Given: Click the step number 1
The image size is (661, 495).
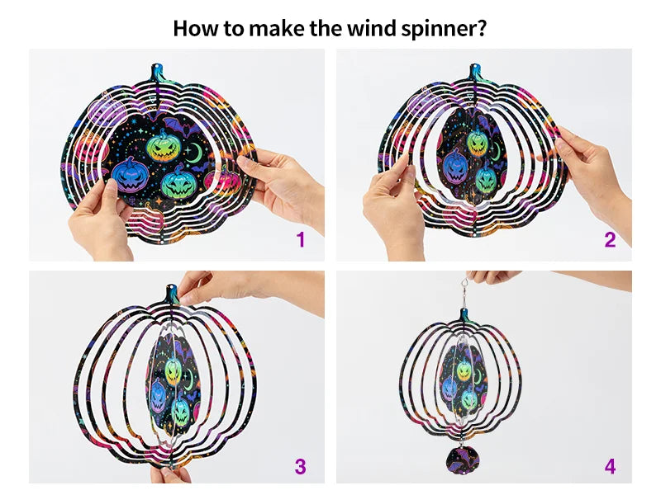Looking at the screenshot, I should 301,240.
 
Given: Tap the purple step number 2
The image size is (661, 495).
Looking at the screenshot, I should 610,240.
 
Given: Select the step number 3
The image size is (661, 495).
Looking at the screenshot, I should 301,466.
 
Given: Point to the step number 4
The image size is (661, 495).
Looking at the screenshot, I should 610,466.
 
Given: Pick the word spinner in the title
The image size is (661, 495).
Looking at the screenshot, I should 449,28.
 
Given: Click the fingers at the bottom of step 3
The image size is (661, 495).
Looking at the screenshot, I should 169,474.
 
